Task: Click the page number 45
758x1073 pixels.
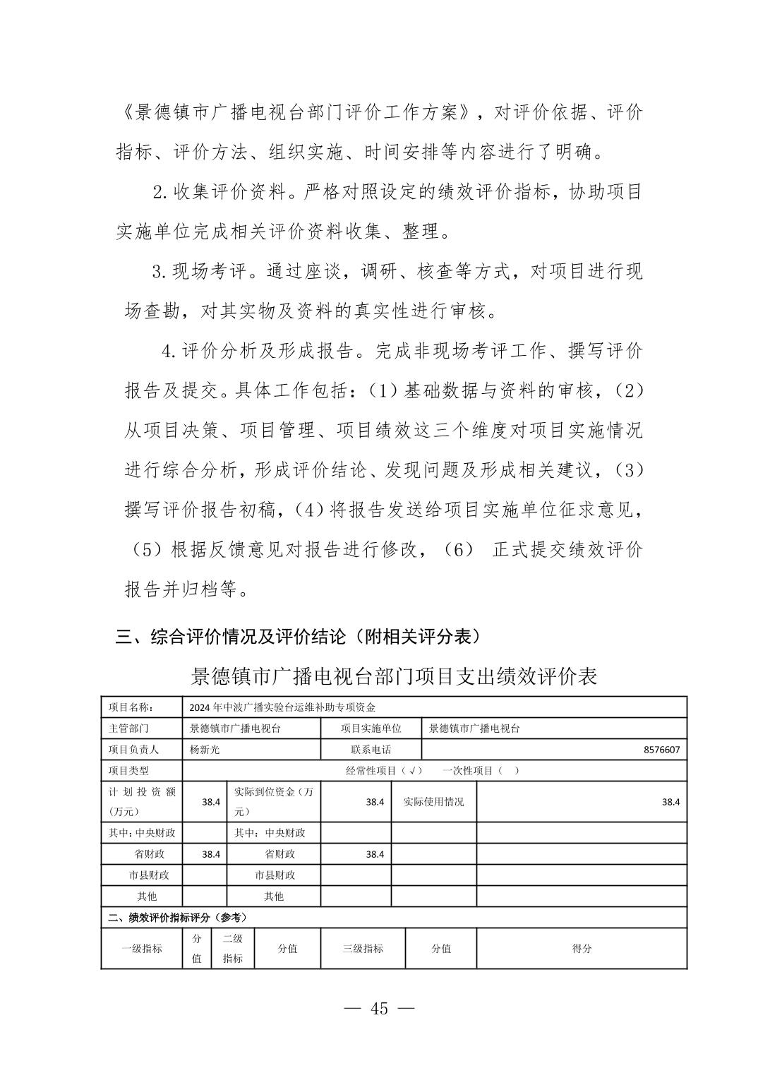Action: coord(379,1009)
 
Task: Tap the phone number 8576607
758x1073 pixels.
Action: coord(661,750)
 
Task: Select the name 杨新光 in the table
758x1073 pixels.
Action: coord(205,750)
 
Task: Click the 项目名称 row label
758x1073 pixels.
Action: coord(135,707)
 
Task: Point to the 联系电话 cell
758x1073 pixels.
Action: coord(371,750)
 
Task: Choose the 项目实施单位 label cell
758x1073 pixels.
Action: coord(371,729)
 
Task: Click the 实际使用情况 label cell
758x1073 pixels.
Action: coord(433,802)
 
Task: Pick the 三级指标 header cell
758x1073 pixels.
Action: coord(363,949)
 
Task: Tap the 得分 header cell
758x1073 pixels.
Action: coord(582,949)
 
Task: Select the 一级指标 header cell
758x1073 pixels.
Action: coord(142,949)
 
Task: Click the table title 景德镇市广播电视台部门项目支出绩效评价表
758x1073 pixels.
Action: coord(395,676)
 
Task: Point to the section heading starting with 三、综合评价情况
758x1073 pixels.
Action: coord(299,637)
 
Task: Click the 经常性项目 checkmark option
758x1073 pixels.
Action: coord(384,771)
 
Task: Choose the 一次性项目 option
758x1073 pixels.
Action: coord(481,771)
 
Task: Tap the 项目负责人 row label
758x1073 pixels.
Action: coord(134,750)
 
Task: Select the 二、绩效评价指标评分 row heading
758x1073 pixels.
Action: coord(177,918)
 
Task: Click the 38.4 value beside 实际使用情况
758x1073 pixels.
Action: coord(670,802)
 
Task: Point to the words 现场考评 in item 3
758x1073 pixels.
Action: coord(211,271)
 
